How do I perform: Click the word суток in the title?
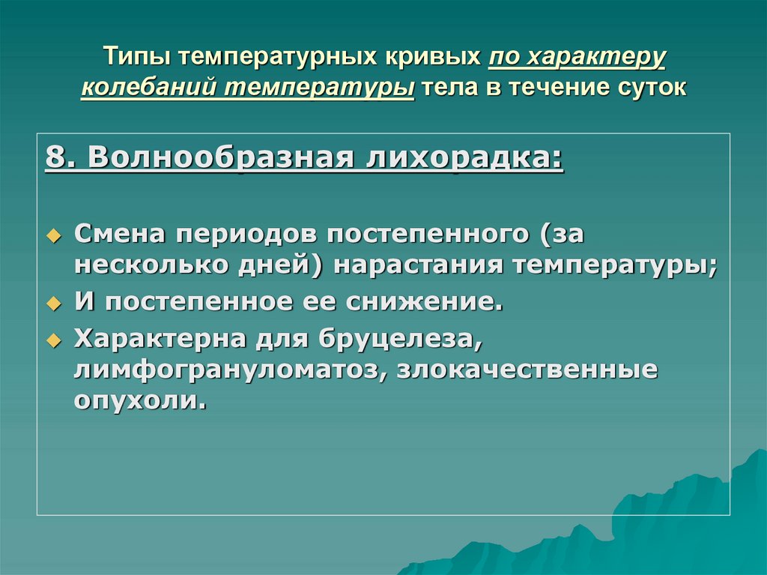[649, 88]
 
